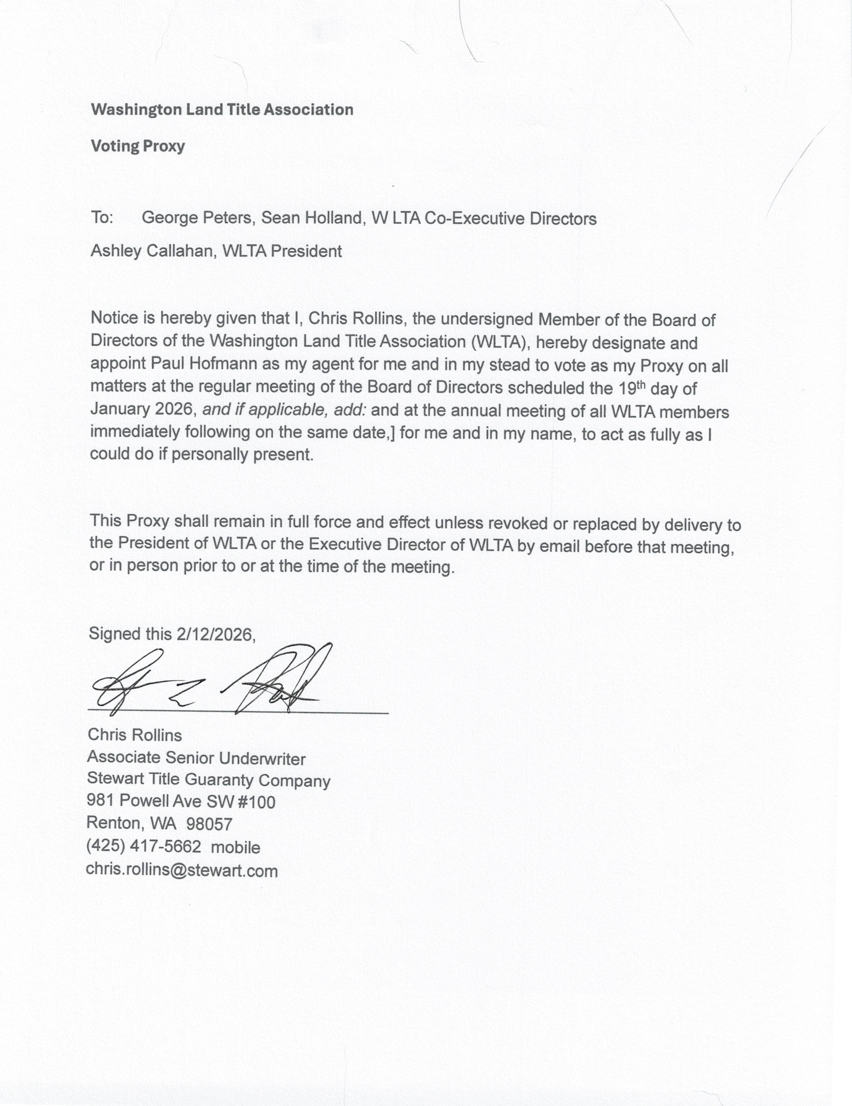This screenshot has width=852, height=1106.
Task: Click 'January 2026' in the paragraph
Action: (x=141, y=409)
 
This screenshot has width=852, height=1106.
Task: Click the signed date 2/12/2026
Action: (x=214, y=634)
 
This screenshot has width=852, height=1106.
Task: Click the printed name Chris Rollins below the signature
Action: (x=134, y=735)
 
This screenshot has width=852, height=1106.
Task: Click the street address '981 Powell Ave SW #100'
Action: (x=181, y=801)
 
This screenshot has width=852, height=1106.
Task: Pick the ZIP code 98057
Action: (x=209, y=824)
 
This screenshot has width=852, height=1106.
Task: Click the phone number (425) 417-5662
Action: (x=143, y=846)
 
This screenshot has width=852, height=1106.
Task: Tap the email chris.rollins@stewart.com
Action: (x=182, y=870)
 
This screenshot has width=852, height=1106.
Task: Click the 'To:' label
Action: (x=102, y=217)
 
